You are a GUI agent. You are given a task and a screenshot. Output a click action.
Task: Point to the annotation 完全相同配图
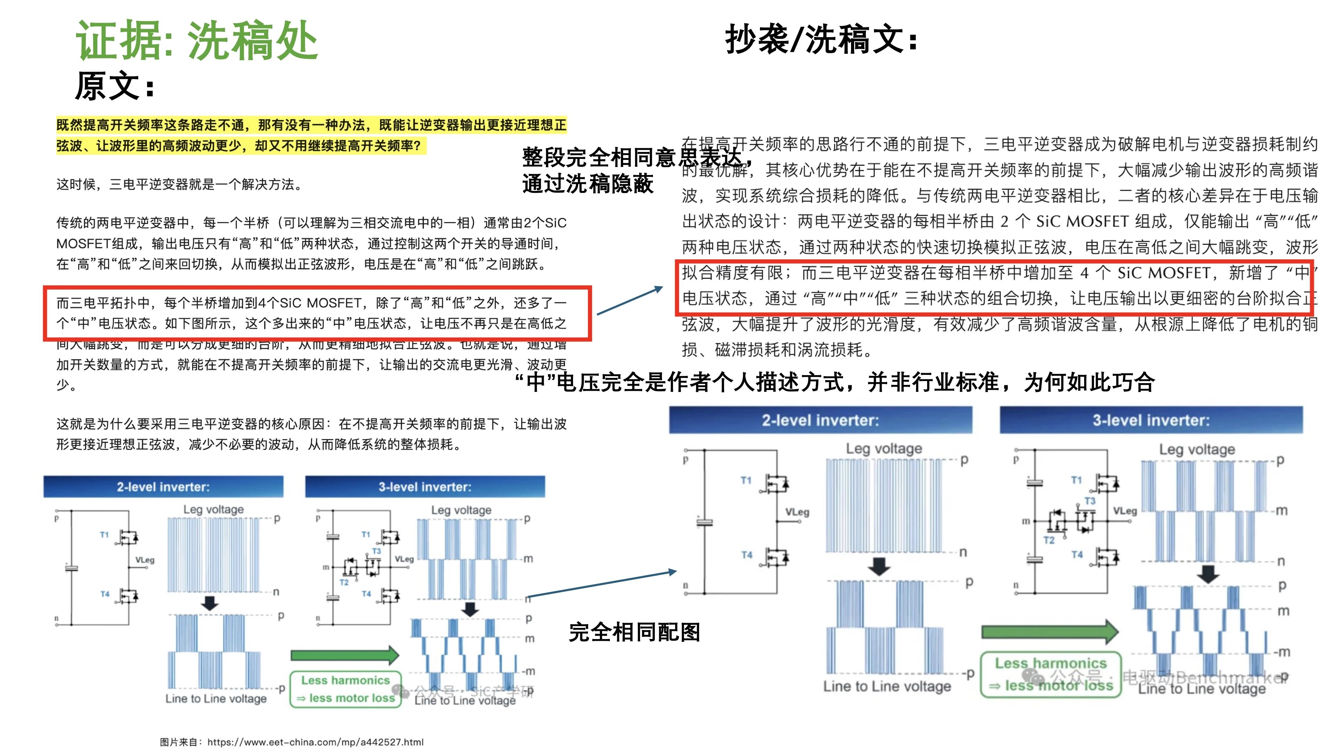point(634,632)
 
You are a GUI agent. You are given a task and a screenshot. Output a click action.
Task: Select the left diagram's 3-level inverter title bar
point(425,486)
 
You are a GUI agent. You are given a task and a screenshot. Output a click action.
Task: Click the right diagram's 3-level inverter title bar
point(1151,420)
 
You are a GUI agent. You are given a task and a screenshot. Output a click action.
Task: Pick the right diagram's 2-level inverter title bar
point(820,420)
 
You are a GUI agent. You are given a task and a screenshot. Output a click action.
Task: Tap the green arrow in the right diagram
point(1050,631)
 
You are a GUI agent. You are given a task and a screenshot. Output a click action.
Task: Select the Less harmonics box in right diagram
point(1051,675)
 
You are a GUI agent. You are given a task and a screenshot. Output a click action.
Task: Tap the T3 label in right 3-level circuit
point(1090,501)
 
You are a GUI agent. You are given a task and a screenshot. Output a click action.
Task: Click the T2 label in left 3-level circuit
point(344,582)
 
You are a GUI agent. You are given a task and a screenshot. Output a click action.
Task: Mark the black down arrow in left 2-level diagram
point(210,603)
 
